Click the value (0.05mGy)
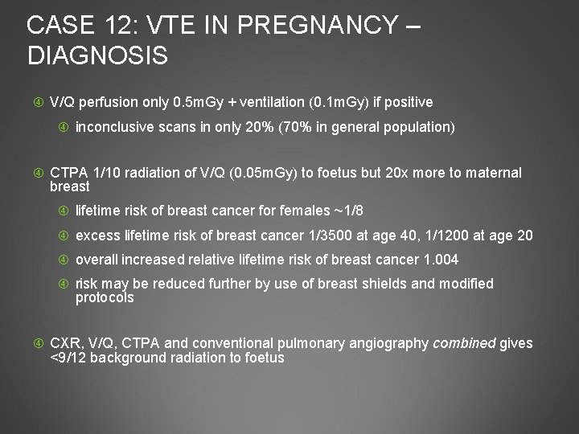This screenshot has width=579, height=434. click(x=271, y=173)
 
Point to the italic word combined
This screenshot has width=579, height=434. click(x=465, y=343)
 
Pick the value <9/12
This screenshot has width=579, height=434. click(x=68, y=358)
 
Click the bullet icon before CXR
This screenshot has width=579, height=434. click(x=39, y=344)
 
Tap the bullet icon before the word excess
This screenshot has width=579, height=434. click(x=64, y=236)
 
